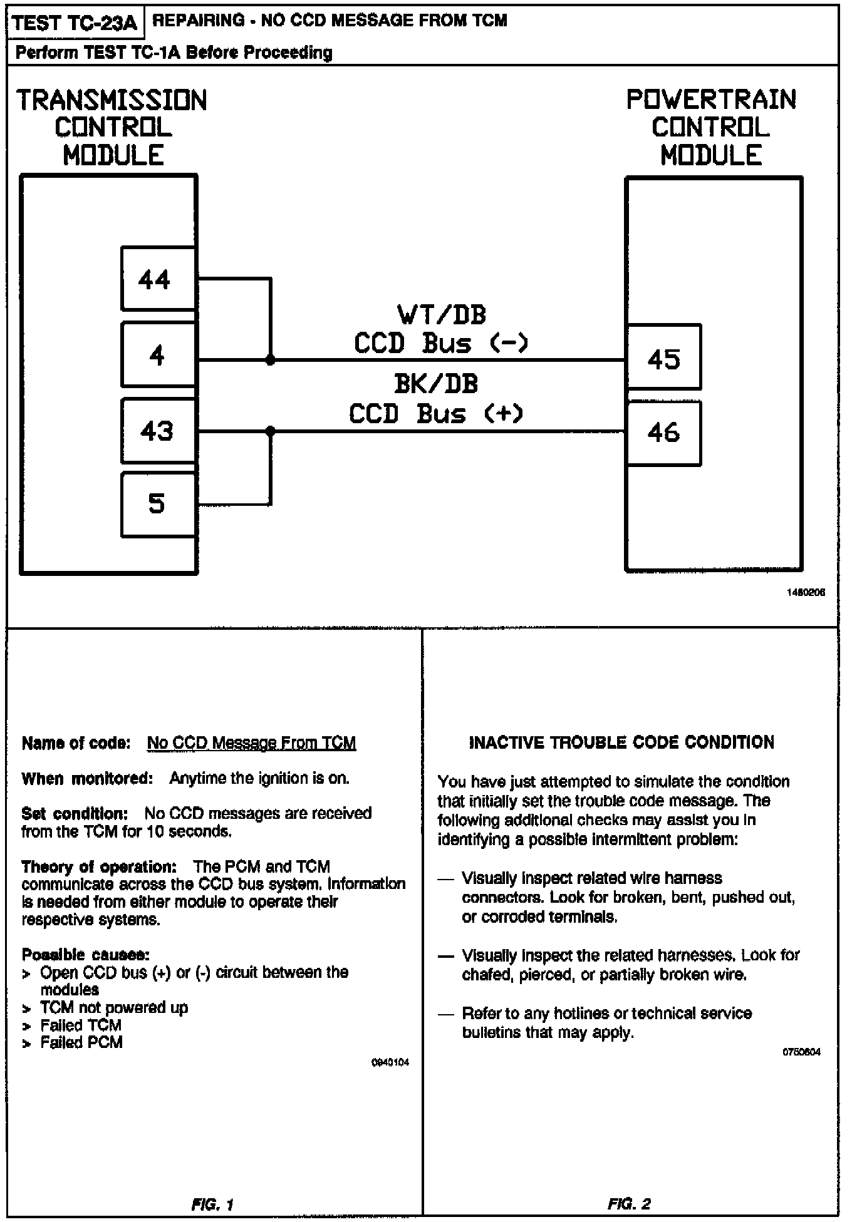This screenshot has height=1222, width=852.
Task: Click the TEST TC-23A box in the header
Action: pyautogui.click(x=75, y=23)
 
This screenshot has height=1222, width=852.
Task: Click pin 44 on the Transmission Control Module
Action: pyautogui.click(x=157, y=279)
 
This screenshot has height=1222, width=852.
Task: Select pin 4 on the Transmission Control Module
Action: pyautogui.click(x=157, y=355)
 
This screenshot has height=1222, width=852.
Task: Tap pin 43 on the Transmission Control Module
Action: pyautogui.click(x=157, y=431)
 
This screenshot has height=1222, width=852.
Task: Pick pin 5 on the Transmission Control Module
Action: pyautogui.click(x=157, y=504)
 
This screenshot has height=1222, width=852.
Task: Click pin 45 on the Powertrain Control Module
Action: pyautogui.click(x=663, y=358)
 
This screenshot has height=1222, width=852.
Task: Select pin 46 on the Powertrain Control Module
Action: pyautogui.click(x=663, y=433)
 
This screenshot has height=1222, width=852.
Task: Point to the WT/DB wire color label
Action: pyautogui.click(x=442, y=315)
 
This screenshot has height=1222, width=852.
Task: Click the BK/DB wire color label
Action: pyautogui.click(x=436, y=384)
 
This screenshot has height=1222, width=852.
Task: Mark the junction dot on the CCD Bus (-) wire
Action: pyautogui.click(x=271, y=361)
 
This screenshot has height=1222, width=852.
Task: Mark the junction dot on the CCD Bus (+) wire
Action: pyautogui.click(x=271, y=431)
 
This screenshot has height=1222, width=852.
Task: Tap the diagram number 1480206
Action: pyautogui.click(x=806, y=592)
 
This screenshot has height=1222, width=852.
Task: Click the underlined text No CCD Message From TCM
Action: pyautogui.click(x=251, y=743)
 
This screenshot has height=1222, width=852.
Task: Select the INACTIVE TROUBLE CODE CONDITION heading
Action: pyautogui.click(x=621, y=742)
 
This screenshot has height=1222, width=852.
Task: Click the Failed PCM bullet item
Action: pyautogui.click(x=81, y=1042)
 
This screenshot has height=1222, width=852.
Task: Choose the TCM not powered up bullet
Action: pyautogui.click(x=114, y=1007)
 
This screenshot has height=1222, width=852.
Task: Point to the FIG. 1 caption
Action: pyautogui.click(x=212, y=1204)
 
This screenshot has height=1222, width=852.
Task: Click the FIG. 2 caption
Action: pyautogui.click(x=629, y=1204)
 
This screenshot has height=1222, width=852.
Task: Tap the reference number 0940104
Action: pyautogui.click(x=390, y=1062)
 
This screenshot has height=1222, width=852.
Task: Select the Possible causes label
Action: pyautogui.click(x=85, y=955)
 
